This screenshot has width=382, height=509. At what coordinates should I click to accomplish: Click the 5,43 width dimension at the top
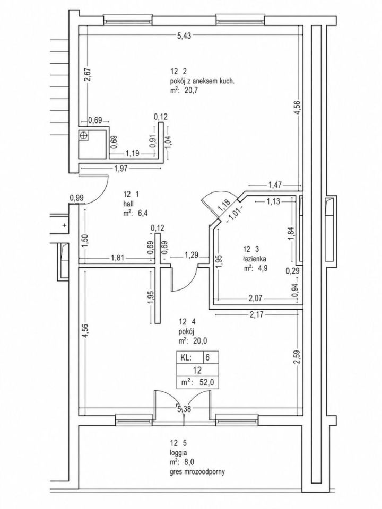coord(184,36)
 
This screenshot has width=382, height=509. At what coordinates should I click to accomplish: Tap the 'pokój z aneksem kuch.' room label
coord(202,82)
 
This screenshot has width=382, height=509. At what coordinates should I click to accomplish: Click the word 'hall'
coord(127,204)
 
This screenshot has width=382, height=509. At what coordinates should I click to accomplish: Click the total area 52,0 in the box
coord(207,382)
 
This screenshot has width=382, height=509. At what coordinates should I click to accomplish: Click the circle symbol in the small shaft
coord(84,136)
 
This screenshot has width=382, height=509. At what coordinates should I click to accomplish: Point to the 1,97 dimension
coord(121,168)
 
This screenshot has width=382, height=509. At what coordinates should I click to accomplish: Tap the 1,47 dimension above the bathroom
coord(275,185)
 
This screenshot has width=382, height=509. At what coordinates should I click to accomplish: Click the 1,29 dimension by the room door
coord(192,254)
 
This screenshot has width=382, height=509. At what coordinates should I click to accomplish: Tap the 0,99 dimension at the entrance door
coord(76,197)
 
